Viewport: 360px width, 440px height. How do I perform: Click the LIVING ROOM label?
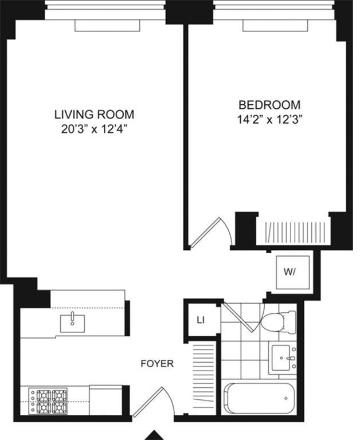point(94,113)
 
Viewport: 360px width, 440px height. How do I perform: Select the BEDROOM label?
point(269,105)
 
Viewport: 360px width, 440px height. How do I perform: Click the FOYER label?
point(158,363)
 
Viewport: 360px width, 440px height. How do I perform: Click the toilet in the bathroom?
point(276,320)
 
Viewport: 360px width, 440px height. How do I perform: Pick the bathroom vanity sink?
point(283,358)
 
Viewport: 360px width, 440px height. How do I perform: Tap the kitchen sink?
point(73,322)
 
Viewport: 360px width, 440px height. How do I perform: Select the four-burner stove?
point(48,401)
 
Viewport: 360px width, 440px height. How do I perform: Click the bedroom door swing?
point(212,233)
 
